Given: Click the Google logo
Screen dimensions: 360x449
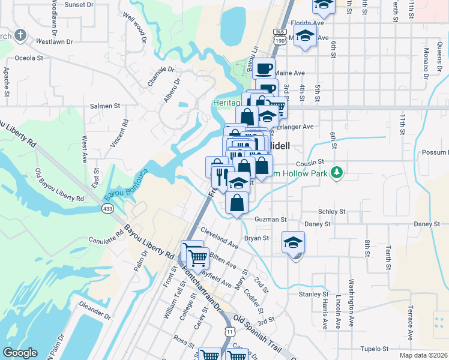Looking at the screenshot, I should (x=20, y=353).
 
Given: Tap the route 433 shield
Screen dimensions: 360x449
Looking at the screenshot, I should (x=107, y=208).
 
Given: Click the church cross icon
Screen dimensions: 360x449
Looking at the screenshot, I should (x=20, y=35).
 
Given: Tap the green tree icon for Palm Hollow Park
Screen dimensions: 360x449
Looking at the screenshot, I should (x=337, y=173).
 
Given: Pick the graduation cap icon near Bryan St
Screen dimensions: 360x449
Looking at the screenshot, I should (x=293, y=242).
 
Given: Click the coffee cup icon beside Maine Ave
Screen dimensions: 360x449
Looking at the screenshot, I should (x=264, y=68).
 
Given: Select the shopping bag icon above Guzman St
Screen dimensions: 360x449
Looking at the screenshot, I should (x=238, y=202).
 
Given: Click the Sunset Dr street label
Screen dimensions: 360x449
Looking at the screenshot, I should (x=79, y=4).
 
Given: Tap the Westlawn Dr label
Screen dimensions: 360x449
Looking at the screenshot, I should (x=54, y=42).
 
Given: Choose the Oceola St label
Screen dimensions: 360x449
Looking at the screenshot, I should (x=29, y=58).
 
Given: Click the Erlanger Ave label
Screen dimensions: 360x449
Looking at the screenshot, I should (x=298, y=127).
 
